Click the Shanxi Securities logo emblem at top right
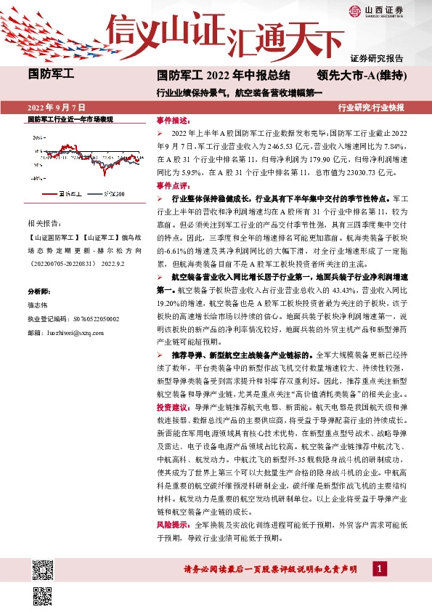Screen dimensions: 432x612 (354, 10)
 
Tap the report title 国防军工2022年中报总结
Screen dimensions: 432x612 (224, 74)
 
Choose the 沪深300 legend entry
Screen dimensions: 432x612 (112, 193)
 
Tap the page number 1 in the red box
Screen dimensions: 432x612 (378, 568)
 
